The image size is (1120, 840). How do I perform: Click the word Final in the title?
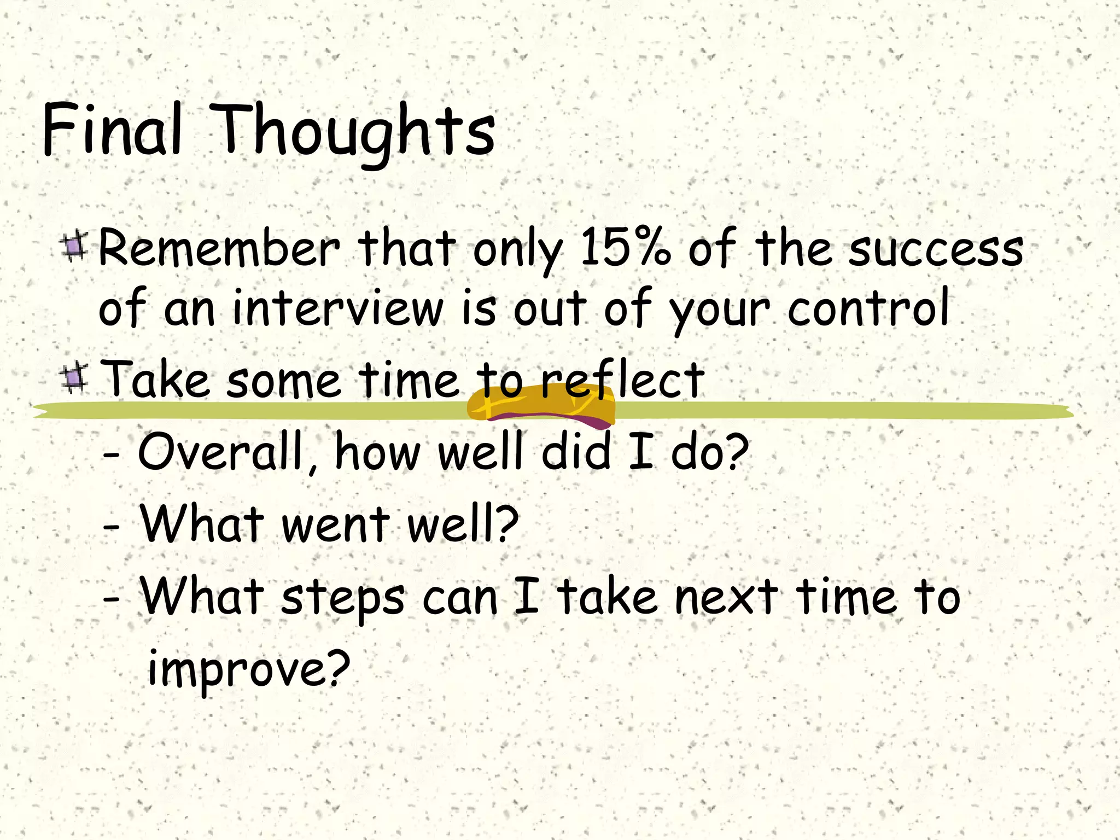click(112, 130)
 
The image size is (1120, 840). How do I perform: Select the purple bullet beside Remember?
click(74, 247)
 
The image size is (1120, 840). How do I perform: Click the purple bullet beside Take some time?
click(74, 378)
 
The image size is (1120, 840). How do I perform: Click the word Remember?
click(219, 249)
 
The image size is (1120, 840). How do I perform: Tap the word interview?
click(337, 309)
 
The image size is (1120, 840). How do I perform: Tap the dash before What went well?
click(112, 528)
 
